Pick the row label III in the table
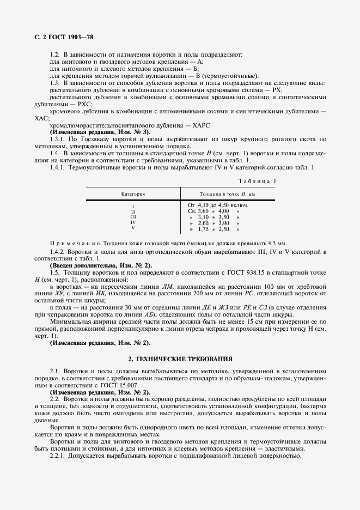pyautogui.click(x=133, y=216)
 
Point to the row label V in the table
pyautogui.click(x=133, y=228)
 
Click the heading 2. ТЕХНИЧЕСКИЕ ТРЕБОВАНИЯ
pyautogui.click(x=180, y=360)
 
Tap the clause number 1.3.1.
pyautogui.click(x=57, y=139)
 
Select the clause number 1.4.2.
pyautogui.click(x=57, y=252)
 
